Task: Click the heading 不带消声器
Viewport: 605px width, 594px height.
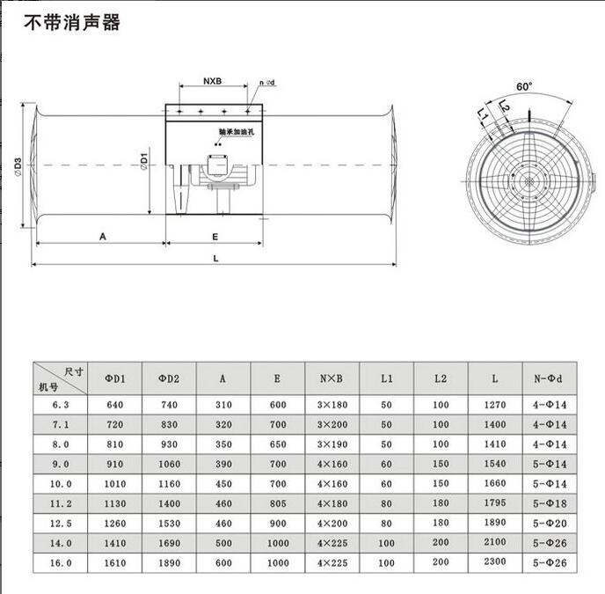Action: pos(71,23)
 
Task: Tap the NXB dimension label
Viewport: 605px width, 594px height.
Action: pos(212,82)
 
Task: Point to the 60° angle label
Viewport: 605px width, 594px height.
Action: pos(525,86)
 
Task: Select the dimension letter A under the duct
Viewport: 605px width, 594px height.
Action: pos(103,236)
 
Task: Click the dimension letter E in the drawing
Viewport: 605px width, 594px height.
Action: pos(215,236)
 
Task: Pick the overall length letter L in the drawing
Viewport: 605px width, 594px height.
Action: pos(215,258)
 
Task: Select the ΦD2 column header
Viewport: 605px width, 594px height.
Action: pos(169,378)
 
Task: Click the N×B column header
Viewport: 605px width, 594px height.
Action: pos(332,378)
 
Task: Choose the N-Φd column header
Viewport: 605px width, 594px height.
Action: pos(549,378)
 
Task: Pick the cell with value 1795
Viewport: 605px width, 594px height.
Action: pos(495,504)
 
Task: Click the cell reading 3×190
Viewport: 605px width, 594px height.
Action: pos(332,445)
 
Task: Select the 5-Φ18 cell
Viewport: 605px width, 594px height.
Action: pos(549,504)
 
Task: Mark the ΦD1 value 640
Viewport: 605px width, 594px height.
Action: pos(115,406)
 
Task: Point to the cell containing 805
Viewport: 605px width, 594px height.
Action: pos(277,504)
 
